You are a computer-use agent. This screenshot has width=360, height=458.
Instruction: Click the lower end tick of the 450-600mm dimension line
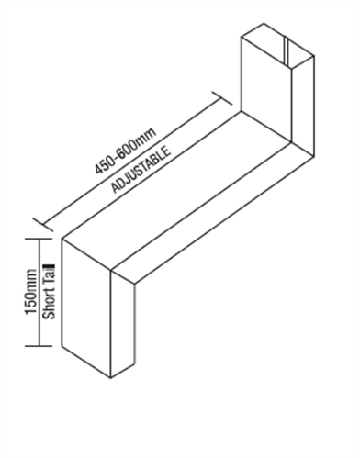[38, 221]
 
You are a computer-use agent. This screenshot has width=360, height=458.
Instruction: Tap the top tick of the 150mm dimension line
[37, 238]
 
